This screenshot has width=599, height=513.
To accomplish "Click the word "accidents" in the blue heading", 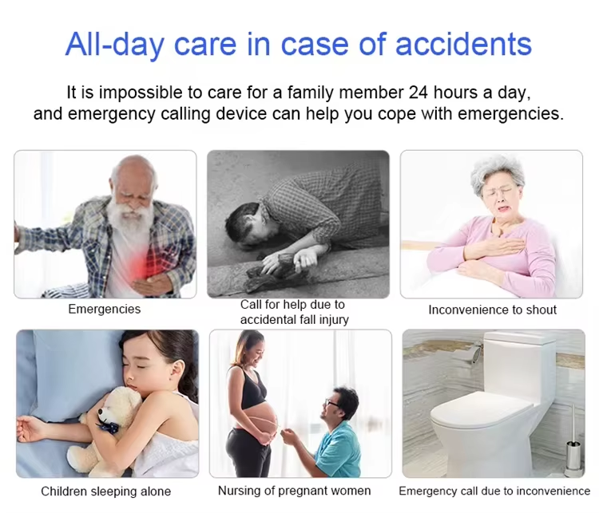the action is (463, 45).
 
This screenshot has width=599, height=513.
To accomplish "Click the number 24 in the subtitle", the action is (419, 93).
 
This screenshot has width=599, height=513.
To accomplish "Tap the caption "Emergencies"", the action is (105, 309).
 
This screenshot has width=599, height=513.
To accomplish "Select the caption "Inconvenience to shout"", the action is (492, 310).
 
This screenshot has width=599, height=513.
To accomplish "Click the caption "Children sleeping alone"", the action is (105, 491).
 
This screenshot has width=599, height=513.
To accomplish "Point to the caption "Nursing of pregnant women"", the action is (294, 491).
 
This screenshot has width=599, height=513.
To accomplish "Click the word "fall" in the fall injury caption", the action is (308, 319).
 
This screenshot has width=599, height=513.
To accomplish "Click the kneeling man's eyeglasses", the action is (330, 403).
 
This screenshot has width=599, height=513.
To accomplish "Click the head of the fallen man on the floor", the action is (244, 225).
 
